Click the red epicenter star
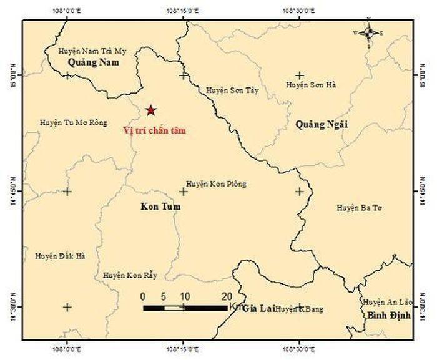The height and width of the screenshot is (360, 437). coord(150,110)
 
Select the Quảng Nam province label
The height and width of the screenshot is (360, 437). coord(94,62)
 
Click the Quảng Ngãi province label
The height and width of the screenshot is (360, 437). coord(321,125)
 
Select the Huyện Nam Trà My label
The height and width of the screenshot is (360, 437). coord(92,51)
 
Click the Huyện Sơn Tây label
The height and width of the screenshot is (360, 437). coord(232,90)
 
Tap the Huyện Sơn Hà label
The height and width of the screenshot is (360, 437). coord(311,84)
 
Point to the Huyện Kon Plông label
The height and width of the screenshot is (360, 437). coord(216,184)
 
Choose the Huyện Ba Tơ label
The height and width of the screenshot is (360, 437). coord(359,207)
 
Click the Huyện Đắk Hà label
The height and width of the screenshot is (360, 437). coord(61,256)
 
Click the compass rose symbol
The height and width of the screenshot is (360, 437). coord(368,32)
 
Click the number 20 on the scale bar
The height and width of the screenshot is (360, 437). coord(227,296)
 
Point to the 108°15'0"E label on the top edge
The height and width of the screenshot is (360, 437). coord(183,11)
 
